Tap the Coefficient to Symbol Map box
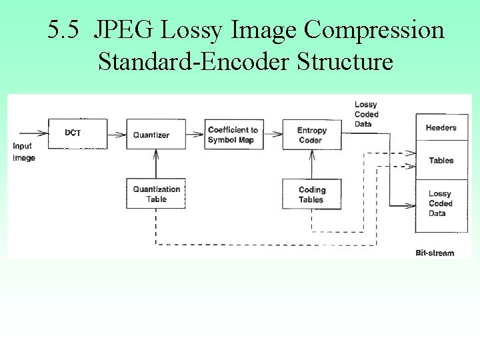(x=232, y=135)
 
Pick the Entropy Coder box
(x=311, y=135)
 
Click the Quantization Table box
(x=156, y=193)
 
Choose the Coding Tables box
(x=311, y=194)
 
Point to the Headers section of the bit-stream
(x=441, y=128)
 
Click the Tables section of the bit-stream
(x=441, y=161)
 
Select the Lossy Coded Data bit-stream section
(x=441, y=203)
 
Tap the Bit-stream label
(x=434, y=253)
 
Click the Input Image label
(x=23, y=152)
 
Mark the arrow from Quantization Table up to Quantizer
(x=155, y=163)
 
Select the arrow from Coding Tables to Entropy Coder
(x=311, y=163)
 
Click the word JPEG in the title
(x=123, y=30)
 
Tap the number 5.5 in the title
(x=65, y=30)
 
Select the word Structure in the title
(x=345, y=61)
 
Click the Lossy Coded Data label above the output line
(x=366, y=114)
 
